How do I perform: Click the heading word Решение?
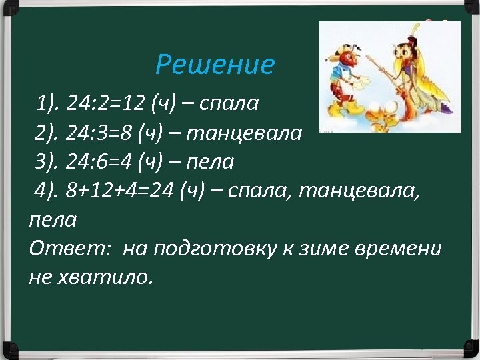click(x=215, y=65)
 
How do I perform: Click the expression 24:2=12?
click(x=107, y=103)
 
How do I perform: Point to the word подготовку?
click(x=225, y=249)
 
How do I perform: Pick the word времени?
click(x=408, y=249)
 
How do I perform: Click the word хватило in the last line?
click(x=107, y=277)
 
